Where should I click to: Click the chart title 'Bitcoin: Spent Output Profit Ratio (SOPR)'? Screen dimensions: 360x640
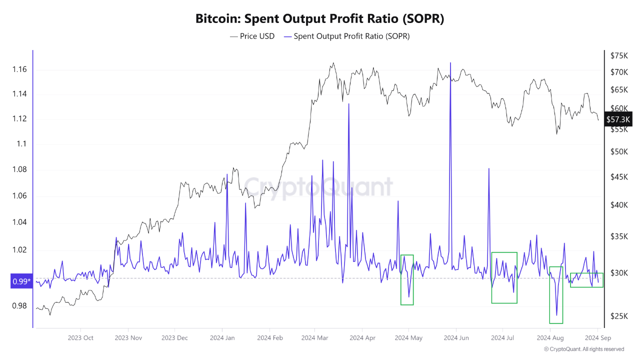click(320, 19)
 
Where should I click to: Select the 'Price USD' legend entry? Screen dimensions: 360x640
click(252, 36)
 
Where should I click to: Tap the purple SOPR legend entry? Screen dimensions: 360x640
click(346, 36)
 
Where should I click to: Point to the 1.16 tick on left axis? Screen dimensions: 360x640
click(19, 69)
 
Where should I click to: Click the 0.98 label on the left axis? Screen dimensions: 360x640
click(19, 306)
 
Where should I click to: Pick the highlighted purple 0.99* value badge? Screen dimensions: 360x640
click(21, 282)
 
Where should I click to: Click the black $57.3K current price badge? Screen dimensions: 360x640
click(618, 119)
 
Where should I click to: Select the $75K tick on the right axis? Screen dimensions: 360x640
click(619, 55)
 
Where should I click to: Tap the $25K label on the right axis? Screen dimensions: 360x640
click(619, 316)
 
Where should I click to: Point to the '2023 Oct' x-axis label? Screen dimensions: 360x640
click(80, 338)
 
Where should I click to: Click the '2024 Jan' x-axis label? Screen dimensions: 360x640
click(223, 338)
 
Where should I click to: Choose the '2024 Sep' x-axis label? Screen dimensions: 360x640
click(598, 338)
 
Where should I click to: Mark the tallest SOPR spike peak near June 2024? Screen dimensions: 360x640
click(450, 63)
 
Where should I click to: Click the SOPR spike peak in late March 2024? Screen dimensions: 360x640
click(348, 104)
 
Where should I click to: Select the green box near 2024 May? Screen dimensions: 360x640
click(407, 279)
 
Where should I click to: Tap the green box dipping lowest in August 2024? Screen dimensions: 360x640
click(556, 295)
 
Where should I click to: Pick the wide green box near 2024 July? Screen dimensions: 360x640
click(504, 277)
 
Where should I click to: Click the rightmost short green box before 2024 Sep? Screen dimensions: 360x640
click(586, 280)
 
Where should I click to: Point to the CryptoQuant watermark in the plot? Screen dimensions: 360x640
click(320, 187)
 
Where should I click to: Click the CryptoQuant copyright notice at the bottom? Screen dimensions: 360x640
click(583, 349)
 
